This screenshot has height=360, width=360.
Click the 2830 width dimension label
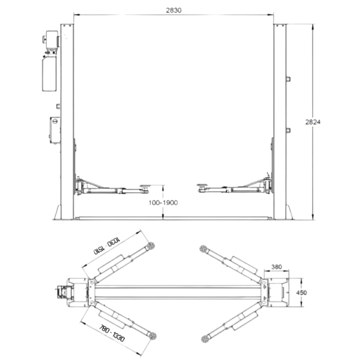174,10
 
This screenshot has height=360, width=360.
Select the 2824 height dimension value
313,122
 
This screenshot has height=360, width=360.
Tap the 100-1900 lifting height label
163,203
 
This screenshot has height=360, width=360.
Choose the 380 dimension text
277,267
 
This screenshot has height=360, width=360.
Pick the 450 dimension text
301,292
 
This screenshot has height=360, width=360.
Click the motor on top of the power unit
50,40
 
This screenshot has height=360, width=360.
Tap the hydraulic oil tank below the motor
49,74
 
